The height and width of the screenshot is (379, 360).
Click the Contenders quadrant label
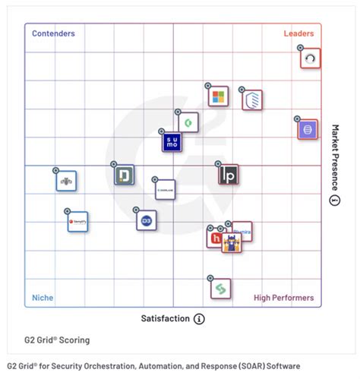tap(53, 34)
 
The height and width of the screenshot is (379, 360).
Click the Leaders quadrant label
tap(298, 34)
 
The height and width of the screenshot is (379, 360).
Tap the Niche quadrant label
tap(43, 298)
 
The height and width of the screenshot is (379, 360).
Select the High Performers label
tap(283, 298)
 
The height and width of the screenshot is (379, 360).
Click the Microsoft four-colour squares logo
tap(218, 96)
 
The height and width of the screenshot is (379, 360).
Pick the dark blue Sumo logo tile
tap(172, 142)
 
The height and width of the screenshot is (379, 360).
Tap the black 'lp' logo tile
tap(229, 175)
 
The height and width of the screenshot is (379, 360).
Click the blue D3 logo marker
tap(146, 220)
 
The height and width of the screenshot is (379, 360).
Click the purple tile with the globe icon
tap(308, 129)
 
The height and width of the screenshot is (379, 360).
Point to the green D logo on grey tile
tap(124, 175)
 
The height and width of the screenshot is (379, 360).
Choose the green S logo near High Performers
tap(221, 289)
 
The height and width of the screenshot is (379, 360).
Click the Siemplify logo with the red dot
tap(78, 223)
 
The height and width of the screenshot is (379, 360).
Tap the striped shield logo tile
tap(252, 99)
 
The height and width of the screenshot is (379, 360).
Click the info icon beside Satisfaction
tap(199, 319)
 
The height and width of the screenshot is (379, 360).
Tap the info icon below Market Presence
tap(334, 200)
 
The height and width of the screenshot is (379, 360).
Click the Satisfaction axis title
tap(165, 319)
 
